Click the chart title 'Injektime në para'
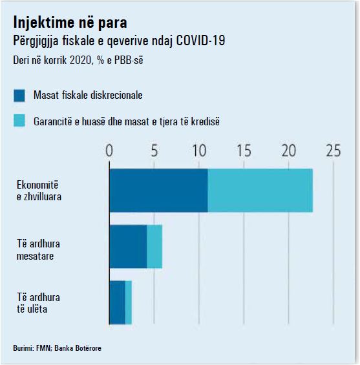tap(70, 23)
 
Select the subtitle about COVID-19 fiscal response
tap(119, 41)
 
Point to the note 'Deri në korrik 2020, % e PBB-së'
tap(78, 60)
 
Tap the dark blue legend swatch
tap(19, 96)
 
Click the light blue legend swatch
tap(19, 121)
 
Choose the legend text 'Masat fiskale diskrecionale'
tap(88, 95)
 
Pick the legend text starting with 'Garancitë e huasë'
tap(127, 121)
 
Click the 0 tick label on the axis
tap(109, 151)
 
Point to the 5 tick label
tap(154, 151)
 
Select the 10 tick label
tap(199, 151)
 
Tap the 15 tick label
tap(244, 151)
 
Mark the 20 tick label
tap(289, 151)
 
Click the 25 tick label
tap(334, 151)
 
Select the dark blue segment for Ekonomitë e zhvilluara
tap(158, 191)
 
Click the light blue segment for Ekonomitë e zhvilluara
tap(260, 191)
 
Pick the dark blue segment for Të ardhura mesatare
tap(128, 247)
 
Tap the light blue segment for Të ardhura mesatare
tap(154, 247)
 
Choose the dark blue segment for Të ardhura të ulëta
tap(117, 302)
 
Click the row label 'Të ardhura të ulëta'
tap(38, 303)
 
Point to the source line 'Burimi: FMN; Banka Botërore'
tap(58, 348)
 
